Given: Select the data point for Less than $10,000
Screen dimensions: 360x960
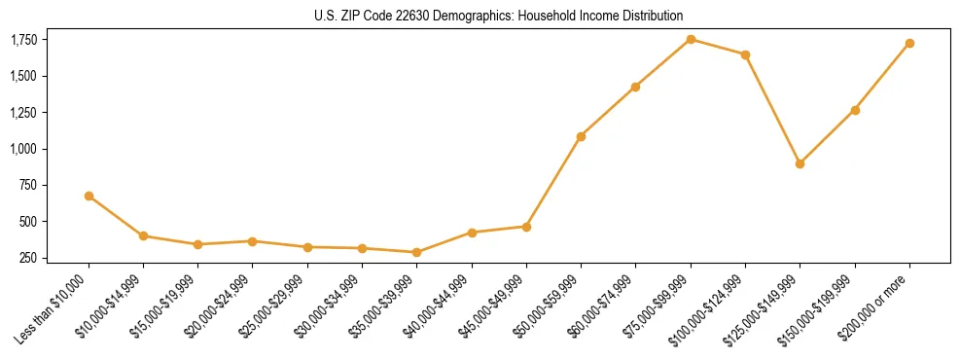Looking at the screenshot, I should click(x=89, y=196).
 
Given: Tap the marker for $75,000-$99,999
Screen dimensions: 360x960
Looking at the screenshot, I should click(x=691, y=39).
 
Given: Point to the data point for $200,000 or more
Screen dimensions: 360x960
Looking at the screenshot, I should click(x=909, y=43).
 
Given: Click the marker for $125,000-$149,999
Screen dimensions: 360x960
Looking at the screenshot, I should click(x=800, y=163).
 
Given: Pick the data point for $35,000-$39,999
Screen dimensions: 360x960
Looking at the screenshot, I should click(x=416, y=252).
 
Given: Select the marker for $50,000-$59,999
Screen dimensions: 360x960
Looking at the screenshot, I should click(x=581, y=136).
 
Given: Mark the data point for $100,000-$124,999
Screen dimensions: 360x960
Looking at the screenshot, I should click(x=745, y=54).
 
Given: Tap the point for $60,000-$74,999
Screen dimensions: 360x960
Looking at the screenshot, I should click(x=635, y=87).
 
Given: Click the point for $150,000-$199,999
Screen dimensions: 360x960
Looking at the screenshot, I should click(x=855, y=110).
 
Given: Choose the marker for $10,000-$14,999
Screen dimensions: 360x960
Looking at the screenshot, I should click(x=143, y=235).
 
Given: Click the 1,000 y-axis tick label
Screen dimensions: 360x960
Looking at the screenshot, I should click(x=24, y=149).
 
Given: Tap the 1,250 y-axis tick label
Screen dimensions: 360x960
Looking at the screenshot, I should click(x=24, y=113).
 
